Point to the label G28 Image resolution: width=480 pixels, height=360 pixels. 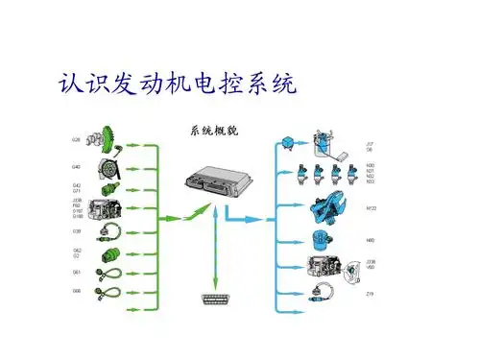pyautogui.click(x=76, y=140)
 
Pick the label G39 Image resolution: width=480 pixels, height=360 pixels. pyautogui.click(x=76, y=230)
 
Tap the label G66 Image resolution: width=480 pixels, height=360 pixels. pyautogui.click(x=76, y=291)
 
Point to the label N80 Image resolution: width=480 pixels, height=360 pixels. pyautogui.click(x=370, y=240)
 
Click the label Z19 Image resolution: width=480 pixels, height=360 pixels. pyautogui.click(x=370, y=293)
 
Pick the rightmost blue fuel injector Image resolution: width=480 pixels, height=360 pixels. pyautogui.click(x=353, y=179)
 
